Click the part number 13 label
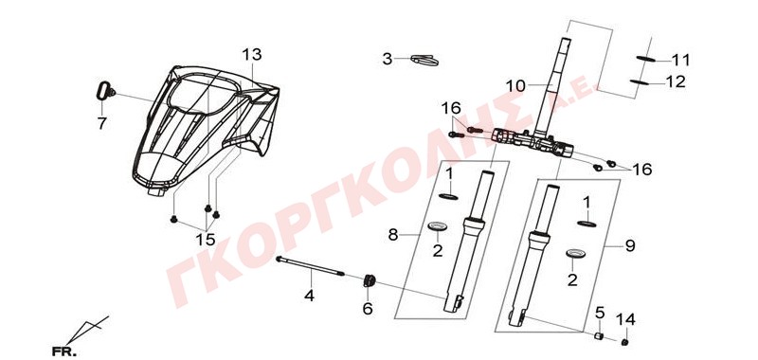click(x=252, y=55)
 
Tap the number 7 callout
click(x=101, y=124)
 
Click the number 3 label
click(x=388, y=60)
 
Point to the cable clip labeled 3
click(x=424, y=60)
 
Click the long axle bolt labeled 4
click(x=311, y=266)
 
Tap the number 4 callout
click(x=310, y=295)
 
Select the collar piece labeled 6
click(x=370, y=280)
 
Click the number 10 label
click(x=514, y=86)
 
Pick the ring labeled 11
click(x=646, y=59)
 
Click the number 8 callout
click(x=394, y=235)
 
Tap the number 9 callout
click(x=629, y=246)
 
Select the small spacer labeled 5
click(x=599, y=335)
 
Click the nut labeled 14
click(x=624, y=342)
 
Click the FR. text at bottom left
click(x=63, y=351)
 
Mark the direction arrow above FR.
click(x=87, y=330)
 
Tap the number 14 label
click(x=625, y=319)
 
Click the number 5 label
click(x=600, y=313)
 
